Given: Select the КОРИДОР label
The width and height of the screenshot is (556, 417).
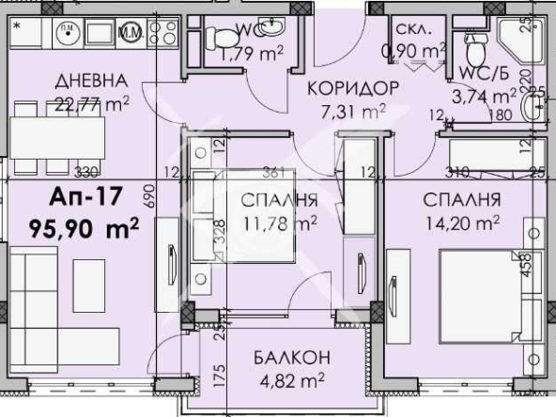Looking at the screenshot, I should pyautogui.click(x=347, y=88).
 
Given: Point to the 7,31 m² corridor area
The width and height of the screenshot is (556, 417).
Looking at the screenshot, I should pyautogui.click(x=348, y=112).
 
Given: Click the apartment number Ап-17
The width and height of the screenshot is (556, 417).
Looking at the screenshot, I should pyautogui.click(x=81, y=198).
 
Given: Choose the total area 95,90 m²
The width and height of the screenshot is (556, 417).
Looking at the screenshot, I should pyautogui.click(x=84, y=225).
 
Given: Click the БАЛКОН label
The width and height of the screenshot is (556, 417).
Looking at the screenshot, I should pyautogui.click(x=289, y=358).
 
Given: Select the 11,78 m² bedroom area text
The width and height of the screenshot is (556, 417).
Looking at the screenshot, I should pyautogui.click(x=281, y=223).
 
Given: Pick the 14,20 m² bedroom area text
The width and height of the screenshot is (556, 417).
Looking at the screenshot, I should pyautogui.click(x=461, y=223).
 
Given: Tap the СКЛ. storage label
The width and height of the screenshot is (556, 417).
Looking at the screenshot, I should pyautogui.click(x=414, y=28).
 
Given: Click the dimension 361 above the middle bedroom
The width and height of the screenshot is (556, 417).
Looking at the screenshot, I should pyautogui.click(x=272, y=172).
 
